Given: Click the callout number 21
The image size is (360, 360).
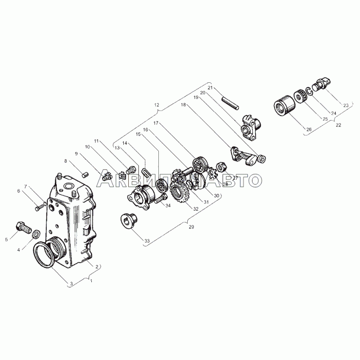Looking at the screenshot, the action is pyautogui.click(x=210, y=88).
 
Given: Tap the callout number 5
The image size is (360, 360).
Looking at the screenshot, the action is pyautogui.click(x=6, y=240).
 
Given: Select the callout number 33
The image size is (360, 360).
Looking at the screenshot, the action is pyautogui.click(x=147, y=241).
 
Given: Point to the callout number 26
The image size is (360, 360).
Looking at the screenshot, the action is pyautogui.click(x=309, y=130).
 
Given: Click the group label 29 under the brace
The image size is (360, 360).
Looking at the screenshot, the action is pyautogui.click(x=191, y=227).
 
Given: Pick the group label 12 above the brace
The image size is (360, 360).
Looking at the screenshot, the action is pyautogui.click(x=156, y=105).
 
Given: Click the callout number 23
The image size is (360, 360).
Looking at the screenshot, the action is pyautogui.click(x=346, y=106).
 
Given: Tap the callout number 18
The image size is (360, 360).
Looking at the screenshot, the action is pyautogui.click(x=183, y=105).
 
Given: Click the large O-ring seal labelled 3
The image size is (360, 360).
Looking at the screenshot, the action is pyautogui.click(x=44, y=255).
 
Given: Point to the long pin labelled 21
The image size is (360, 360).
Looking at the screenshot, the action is pyautogui.click(x=230, y=104).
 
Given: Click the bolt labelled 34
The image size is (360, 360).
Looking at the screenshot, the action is pyautogui.click(x=161, y=199).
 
